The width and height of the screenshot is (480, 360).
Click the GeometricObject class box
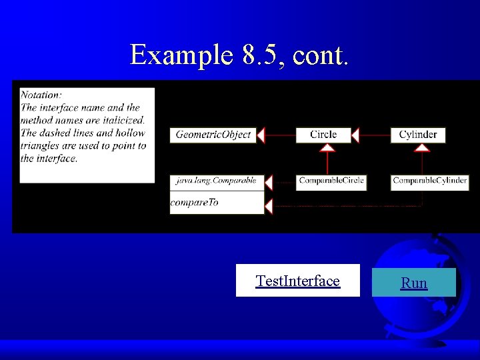213,135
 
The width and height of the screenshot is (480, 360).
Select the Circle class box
323,135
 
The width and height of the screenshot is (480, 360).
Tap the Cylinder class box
418,135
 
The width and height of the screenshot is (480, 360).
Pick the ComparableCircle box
331,181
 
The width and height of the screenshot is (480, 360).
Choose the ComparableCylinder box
429,181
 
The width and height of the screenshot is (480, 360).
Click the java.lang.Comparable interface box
216,181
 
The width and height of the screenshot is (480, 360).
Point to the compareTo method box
216,203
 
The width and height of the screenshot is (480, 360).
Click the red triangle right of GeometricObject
261,135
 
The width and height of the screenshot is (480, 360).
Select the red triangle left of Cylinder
355,135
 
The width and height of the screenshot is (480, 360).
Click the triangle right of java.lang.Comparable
269,181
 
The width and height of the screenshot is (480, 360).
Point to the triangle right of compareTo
269,206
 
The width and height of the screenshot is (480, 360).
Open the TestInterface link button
297,281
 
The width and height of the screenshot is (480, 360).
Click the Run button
413,283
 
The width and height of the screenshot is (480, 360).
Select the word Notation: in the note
41,95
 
